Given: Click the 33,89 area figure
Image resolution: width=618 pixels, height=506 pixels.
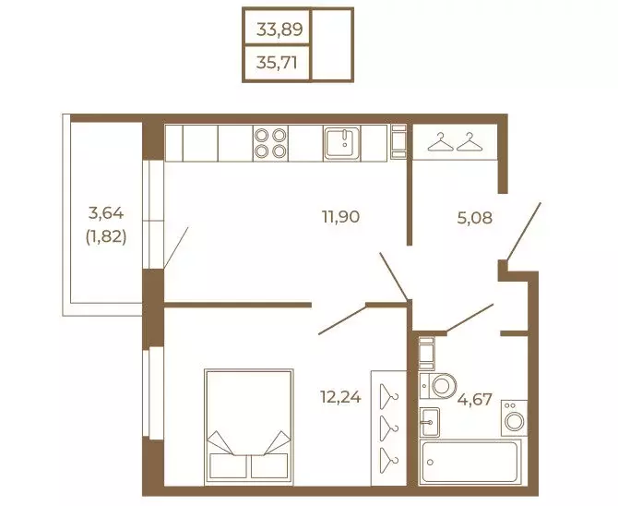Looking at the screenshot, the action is [279, 30].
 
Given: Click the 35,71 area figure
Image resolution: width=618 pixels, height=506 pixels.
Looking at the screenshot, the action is [277, 63].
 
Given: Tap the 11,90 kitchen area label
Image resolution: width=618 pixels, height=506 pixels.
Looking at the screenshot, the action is [341, 217].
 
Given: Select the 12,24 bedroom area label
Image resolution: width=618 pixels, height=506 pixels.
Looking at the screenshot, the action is [340, 397].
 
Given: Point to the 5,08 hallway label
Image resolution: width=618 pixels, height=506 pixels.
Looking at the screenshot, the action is [475, 218].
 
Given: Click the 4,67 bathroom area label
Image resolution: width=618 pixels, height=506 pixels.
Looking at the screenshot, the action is [475, 400].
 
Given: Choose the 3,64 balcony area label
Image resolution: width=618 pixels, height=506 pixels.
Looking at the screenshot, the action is [106, 213].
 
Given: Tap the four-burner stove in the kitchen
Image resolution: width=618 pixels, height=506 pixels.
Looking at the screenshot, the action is [270, 143].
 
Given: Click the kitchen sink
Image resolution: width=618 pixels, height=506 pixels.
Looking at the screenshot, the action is [341, 143].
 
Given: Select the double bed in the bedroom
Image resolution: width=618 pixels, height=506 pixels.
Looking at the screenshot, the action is [249, 427].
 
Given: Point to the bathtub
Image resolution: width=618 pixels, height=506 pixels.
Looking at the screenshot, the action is [469, 462].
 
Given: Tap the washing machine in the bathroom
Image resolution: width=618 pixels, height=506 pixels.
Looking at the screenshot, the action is [514, 418].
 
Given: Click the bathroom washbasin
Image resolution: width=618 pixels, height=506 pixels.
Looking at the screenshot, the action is [429, 422].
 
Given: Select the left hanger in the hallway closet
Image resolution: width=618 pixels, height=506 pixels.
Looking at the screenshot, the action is [441, 142].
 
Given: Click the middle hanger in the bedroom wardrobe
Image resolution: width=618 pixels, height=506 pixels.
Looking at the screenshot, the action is [389, 428].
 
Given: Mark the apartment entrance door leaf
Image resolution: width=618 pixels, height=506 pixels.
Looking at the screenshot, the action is [523, 232].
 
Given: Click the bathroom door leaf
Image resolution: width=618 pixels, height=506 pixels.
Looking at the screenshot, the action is [469, 318].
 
